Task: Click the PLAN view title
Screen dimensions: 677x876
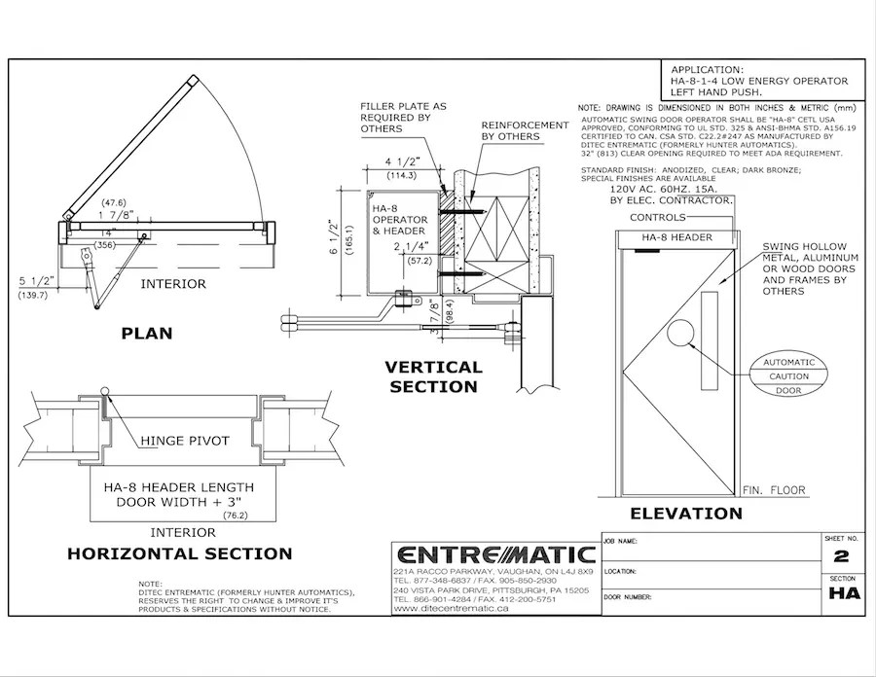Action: tap(146, 334)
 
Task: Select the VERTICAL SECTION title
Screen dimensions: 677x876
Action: tap(433, 376)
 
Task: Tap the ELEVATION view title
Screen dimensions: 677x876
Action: tap(685, 513)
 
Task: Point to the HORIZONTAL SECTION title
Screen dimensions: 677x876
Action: tap(179, 553)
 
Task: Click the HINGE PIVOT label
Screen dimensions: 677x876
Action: tap(184, 441)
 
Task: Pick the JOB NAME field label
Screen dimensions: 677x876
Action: tap(621, 539)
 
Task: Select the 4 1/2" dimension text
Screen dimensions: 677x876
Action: tap(401, 162)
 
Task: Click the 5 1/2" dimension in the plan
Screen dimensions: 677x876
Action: tap(35, 281)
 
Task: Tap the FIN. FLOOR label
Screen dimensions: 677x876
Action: tap(773, 491)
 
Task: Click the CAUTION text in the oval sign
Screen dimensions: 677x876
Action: tap(788, 375)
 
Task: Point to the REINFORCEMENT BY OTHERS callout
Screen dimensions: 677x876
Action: tap(525, 131)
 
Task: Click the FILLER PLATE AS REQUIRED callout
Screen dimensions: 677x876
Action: tap(402, 117)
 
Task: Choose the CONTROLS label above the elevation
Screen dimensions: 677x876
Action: tap(659, 217)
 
